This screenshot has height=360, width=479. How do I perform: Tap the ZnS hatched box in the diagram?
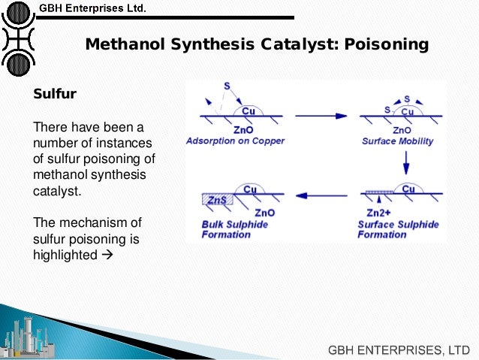tap(218, 199)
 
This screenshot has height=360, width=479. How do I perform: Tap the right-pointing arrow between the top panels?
tap(322, 116)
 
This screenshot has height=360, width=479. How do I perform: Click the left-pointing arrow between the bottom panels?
tap(322, 196)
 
